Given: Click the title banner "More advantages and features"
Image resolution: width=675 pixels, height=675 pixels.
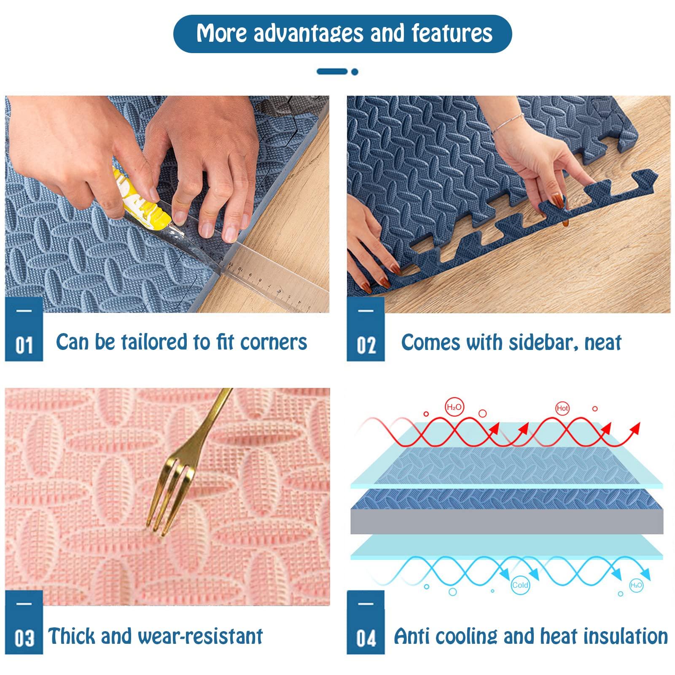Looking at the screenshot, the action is [x=342, y=34].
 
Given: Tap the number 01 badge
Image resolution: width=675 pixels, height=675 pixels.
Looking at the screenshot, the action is [x=24, y=329].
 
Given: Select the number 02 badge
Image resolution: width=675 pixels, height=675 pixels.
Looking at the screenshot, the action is [x=366, y=329].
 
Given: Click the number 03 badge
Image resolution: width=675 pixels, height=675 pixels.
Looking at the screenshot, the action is [x=24, y=622].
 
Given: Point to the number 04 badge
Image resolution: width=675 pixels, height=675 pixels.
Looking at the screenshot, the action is [x=366, y=622].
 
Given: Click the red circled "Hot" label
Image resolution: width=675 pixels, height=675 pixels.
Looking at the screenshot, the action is [x=562, y=408].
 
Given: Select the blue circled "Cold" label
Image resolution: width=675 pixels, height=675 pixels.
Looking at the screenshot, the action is [x=520, y=585].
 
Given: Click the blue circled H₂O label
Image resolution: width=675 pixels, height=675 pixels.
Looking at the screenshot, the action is [x=636, y=585].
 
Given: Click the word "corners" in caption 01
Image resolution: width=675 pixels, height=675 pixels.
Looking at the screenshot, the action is [x=274, y=342].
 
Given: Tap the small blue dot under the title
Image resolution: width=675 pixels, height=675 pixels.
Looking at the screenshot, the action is [x=355, y=72].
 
